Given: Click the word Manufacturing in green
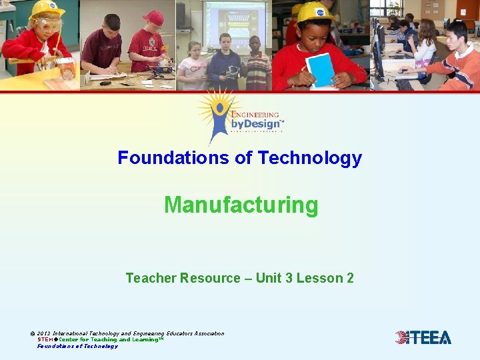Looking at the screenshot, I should (x=241, y=205).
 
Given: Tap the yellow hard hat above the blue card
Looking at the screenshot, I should (x=315, y=11).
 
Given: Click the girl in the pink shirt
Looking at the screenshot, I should (x=193, y=67).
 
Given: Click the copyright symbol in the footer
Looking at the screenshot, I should (x=33, y=333).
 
